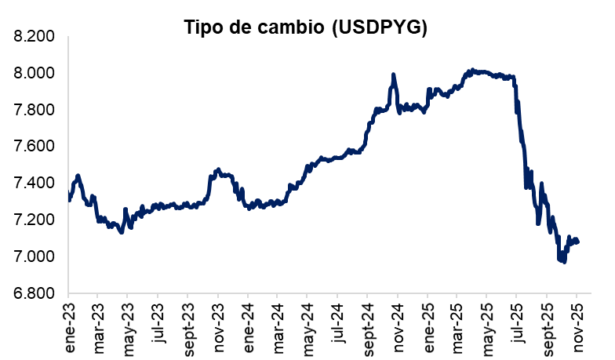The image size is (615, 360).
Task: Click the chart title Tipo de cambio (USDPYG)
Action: (305, 27)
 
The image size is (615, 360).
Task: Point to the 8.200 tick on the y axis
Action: (33, 37)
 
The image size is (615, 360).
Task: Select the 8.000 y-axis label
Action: (33, 74)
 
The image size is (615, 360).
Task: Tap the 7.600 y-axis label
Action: (33, 147)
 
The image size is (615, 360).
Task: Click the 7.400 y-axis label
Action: (33, 184)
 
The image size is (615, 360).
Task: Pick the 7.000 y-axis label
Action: (33, 256)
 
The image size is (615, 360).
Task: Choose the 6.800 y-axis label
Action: (33, 293)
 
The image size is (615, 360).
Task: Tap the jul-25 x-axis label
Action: (517, 318)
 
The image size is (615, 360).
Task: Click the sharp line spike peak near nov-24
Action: (393, 75)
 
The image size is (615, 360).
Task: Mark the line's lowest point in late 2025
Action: (564, 261)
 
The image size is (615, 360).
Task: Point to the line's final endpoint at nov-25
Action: (578, 242)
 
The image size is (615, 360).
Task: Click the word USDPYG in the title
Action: (379, 27)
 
